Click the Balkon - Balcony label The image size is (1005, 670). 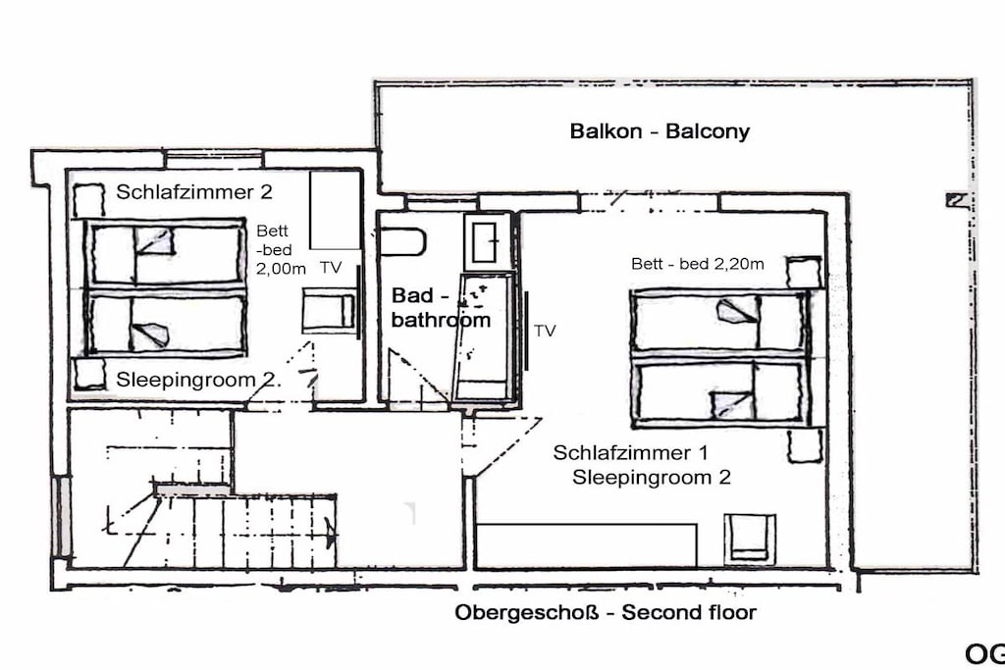[x=660, y=131]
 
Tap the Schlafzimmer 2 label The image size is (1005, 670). [x=194, y=191]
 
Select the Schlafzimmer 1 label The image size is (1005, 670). [x=631, y=453]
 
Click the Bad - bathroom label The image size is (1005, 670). [x=441, y=307]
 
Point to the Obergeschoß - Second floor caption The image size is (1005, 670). [x=606, y=612]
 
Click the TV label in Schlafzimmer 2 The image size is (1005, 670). [x=331, y=268]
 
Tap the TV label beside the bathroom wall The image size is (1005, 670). [x=545, y=331]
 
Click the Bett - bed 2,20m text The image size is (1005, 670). [x=698, y=264]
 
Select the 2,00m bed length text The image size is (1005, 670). [x=281, y=269]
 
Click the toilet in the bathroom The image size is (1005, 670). [x=401, y=241]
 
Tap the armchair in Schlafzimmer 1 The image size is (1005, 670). [x=749, y=538]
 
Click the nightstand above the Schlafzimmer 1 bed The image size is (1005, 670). [x=805, y=273]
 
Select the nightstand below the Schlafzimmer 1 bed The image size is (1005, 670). [x=805, y=445]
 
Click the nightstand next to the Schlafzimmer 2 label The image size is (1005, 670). [x=88, y=200]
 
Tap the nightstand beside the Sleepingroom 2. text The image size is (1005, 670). [x=89, y=374]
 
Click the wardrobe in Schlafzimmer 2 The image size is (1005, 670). [x=335, y=210]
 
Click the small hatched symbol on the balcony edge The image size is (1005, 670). [x=956, y=200]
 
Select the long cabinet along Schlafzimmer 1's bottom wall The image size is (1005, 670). [x=587, y=545]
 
